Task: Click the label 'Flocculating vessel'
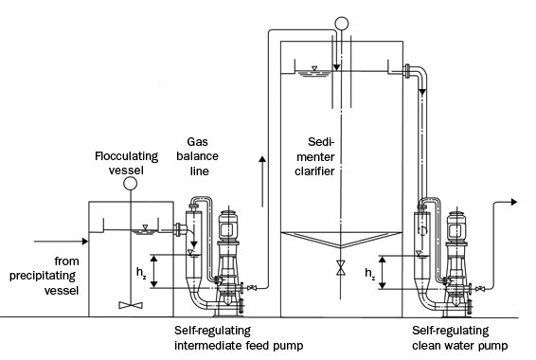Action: coord(127,163)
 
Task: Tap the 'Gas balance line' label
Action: coord(198,156)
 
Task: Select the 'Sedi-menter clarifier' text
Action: coord(314,156)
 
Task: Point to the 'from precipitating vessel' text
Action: coord(45,276)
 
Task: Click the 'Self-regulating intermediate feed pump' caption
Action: coord(239,338)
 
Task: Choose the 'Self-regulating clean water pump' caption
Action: coord(460,338)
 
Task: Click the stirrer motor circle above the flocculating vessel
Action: coord(130,184)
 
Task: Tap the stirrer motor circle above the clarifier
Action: coord(341,24)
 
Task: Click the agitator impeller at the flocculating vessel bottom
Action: coord(131,305)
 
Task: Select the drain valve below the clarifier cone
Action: coord(341,268)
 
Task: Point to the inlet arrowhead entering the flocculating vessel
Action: coord(85,242)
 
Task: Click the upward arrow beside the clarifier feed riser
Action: coord(262,181)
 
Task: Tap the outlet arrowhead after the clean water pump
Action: coord(514,202)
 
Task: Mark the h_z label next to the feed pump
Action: coord(141,273)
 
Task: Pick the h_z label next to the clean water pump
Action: coord(370,274)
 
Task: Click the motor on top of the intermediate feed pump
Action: coord(227,225)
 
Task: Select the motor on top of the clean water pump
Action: coord(456,226)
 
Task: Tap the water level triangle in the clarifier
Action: coord(314,68)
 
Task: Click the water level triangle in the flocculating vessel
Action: coord(145,227)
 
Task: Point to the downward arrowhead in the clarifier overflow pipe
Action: coord(422,92)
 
